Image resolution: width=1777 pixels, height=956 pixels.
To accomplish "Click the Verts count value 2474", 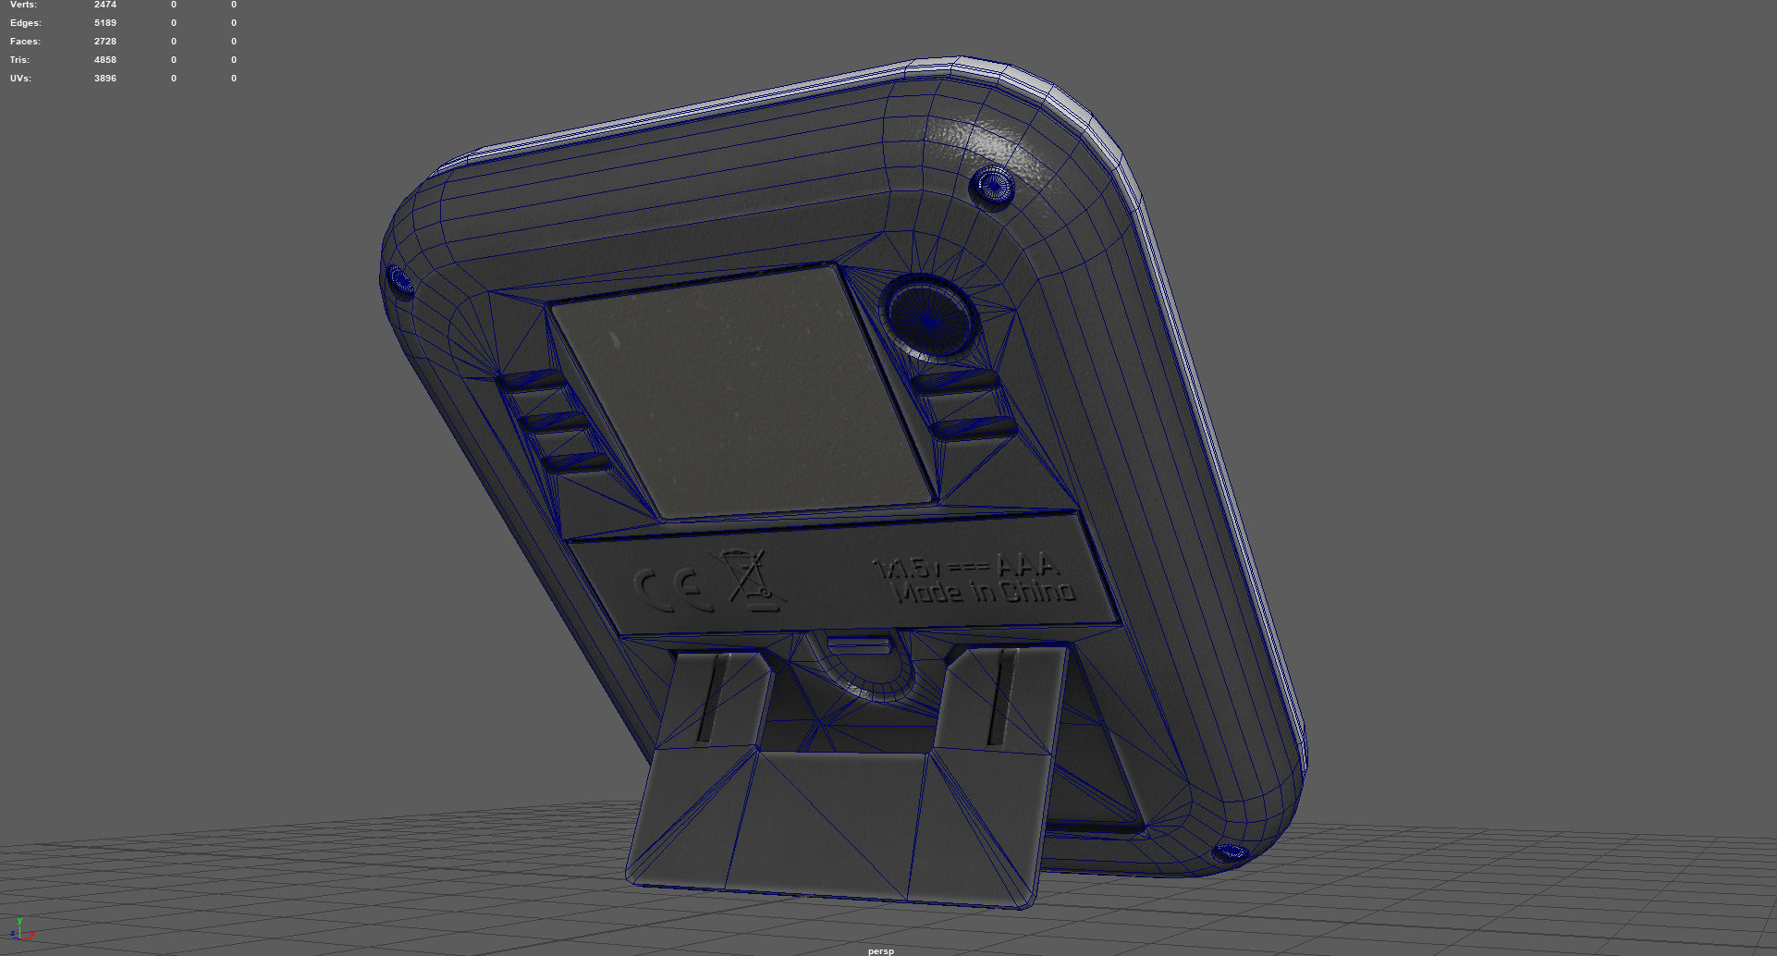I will [x=105, y=5].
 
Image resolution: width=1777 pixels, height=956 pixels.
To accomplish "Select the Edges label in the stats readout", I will [x=25, y=23].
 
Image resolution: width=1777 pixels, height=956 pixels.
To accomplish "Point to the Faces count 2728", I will [x=105, y=42].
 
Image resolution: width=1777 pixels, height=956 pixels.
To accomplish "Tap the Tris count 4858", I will [x=105, y=60].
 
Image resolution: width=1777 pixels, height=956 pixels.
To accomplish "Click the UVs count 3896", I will [x=105, y=79].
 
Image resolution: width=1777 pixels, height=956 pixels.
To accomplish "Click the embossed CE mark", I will [x=673, y=589].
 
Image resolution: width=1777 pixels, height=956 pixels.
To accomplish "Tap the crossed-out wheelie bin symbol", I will [x=747, y=581].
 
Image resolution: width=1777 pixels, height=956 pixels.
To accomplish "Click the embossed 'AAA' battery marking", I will [x=1026, y=563].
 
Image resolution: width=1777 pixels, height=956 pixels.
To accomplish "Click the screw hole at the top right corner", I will [x=992, y=186].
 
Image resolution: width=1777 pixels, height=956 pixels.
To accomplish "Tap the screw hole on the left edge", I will [x=399, y=278].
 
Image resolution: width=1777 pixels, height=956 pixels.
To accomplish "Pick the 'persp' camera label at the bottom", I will [x=881, y=950].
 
